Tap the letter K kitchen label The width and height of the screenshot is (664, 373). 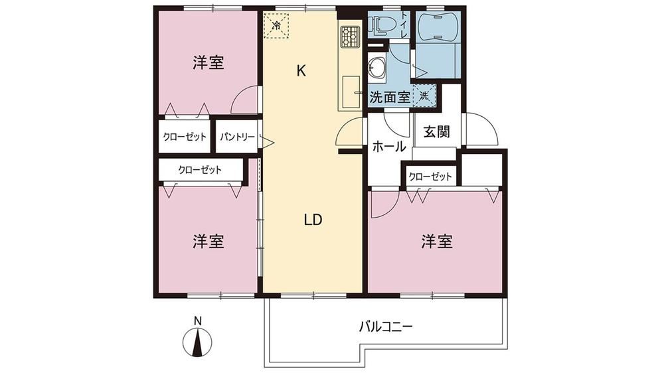pyautogui.click(x=301, y=71)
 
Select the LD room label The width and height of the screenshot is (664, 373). pyautogui.click(x=313, y=219)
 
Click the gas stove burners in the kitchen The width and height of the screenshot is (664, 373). pyautogui.click(x=349, y=36)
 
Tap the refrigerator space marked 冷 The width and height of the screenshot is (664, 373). pyautogui.click(x=276, y=27)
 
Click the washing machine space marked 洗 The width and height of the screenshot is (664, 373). pyautogui.click(x=424, y=96)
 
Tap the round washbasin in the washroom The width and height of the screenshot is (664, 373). pyautogui.click(x=376, y=67)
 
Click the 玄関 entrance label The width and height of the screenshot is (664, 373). pyautogui.click(x=437, y=132)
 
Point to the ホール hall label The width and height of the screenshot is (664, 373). pyautogui.click(x=389, y=147)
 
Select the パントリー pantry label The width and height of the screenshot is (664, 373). pyautogui.click(x=237, y=137)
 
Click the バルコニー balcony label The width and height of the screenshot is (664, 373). pyautogui.click(x=386, y=327)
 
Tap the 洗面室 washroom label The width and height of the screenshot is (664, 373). pyautogui.click(x=390, y=97)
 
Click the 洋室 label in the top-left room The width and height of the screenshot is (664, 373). pyautogui.click(x=208, y=63)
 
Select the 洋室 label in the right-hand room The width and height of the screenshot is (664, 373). pyautogui.click(x=437, y=242)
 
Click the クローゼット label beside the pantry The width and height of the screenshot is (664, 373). pyautogui.click(x=185, y=137)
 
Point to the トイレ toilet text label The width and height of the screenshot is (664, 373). pyautogui.click(x=404, y=25)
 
